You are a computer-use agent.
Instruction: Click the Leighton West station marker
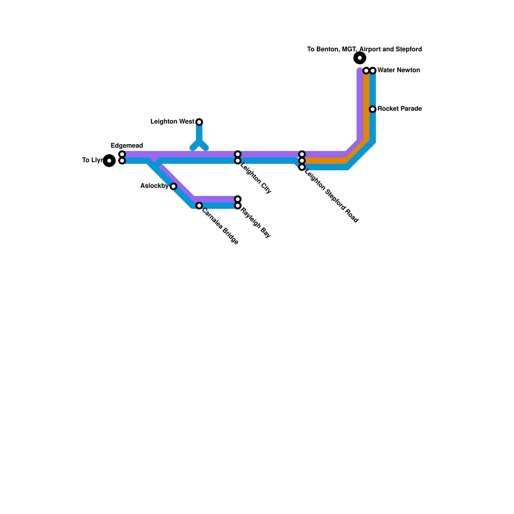(x=199, y=122)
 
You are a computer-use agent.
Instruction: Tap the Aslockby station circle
(x=173, y=186)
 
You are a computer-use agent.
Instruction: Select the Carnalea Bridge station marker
(x=199, y=206)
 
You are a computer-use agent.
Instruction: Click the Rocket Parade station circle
(x=373, y=109)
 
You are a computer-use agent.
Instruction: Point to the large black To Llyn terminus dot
(x=109, y=161)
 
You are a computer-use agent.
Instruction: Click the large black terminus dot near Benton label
(x=360, y=58)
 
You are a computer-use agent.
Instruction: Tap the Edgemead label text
(x=127, y=146)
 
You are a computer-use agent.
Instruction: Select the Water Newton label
(x=399, y=70)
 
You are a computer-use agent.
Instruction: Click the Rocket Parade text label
(x=399, y=109)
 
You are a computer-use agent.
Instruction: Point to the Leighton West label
(x=172, y=122)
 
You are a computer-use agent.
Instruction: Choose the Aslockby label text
(x=154, y=186)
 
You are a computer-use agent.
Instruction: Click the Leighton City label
(x=256, y=179)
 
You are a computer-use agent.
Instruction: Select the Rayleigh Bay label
(x=256, y=223)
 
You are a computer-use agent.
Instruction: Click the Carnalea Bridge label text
(x=220, y=226)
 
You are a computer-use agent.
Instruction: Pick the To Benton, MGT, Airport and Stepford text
(x=364, y=49)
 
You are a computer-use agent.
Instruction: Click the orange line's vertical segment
(x=366, y=106)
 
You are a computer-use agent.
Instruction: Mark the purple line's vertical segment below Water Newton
(x=360, y=106)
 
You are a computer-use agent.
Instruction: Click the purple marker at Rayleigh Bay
(x=238, y=199)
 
